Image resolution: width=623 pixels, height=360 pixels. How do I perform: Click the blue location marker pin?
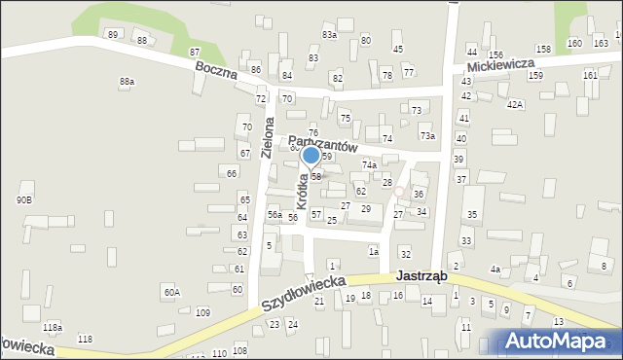pos(311,156)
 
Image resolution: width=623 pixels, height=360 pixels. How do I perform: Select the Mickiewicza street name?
pos(503,68)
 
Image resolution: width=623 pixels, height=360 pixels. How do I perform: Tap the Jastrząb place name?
pos(421,276)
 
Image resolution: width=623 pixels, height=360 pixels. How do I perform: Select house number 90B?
pos(24,199)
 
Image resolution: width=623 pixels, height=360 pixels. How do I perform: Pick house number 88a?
pos(127,82)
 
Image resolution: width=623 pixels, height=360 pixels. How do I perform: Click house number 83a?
pos(329,35)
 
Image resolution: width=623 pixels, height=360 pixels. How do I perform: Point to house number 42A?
pos(514,104)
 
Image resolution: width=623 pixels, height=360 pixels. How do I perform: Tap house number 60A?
pos(171,292)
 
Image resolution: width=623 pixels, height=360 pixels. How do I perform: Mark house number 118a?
pos(52,328)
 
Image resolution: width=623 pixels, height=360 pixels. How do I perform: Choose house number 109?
pos(202,312)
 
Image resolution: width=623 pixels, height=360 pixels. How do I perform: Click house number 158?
pos(543,49)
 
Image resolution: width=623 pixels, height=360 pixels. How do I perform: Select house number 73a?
pos(426,136)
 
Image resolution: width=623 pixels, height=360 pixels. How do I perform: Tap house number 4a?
pos(495,270)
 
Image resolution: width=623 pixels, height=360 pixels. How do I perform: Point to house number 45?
pos(397,49)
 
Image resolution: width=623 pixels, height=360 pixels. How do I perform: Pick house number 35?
pos(472,214)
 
